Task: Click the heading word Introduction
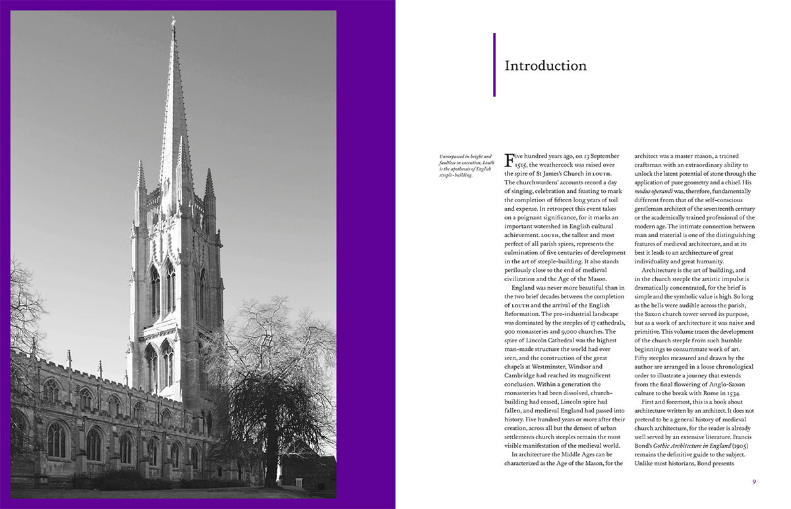(x=545, y=66)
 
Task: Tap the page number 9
(x=754, y=481)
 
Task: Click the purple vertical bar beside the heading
(x=494, y=65)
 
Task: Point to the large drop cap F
(x=509, y=159)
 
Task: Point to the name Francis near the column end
(x=744, y=437)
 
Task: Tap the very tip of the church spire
(x=173, y=20)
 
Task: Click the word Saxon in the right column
(x=665, y=313)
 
